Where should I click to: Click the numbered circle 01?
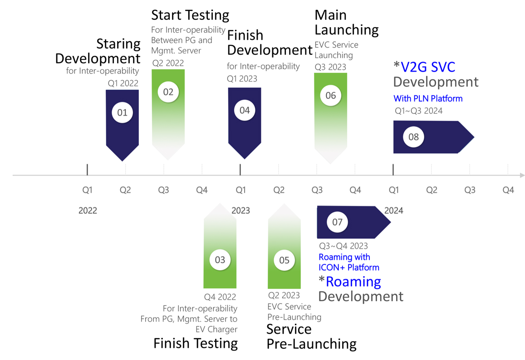122,112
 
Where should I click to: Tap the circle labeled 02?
168,92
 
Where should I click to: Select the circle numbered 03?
220,260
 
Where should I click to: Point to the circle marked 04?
245,111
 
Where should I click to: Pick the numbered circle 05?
284,260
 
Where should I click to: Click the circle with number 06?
330,96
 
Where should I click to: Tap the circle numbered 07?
337,222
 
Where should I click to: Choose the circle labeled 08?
413,137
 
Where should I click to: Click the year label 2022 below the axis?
88,210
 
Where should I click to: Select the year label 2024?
394,210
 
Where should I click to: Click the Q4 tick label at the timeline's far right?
508,190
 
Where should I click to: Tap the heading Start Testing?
190,15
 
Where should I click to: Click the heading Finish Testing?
196,344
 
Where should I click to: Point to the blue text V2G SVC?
428,67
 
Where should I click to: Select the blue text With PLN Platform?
428,98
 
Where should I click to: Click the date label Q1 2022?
123,83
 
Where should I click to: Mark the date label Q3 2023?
330,67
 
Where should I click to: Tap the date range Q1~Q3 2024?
418,111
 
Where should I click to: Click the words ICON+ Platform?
349,268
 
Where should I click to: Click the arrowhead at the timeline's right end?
522,175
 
